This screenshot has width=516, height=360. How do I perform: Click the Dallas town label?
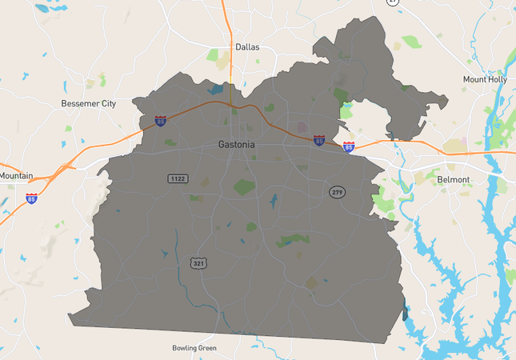coord(247,47)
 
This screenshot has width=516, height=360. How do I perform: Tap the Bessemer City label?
coord(89,104)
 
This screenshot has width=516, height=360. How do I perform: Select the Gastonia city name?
coord(238,145)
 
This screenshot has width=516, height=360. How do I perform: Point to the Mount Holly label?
coord(486,79)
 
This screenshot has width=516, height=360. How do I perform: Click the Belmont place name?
coord(454,180)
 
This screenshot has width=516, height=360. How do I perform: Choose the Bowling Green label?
coord(194,348)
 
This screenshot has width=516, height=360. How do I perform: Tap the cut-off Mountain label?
coord(16,176)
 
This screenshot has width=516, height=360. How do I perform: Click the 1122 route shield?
coord(178,178)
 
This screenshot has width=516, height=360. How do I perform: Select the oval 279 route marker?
coord(337,192)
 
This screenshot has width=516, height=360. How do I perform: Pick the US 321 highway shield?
coord(198,262)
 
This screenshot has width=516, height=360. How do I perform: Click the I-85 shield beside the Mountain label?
coord(32,198)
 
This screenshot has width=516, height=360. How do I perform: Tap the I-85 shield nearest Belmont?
coord(348,147)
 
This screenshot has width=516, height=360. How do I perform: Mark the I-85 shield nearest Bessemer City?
coord(161,122)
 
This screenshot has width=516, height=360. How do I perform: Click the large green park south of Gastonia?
coord(244,188)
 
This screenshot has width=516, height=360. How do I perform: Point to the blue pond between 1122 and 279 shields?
coord(274,200)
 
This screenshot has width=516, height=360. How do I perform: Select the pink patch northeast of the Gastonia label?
coord(302,126)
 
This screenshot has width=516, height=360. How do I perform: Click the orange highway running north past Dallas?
coord(230,32)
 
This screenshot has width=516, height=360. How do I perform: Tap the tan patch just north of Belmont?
coord(456,147)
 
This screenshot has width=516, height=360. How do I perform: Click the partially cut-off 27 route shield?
coord(392,2)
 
